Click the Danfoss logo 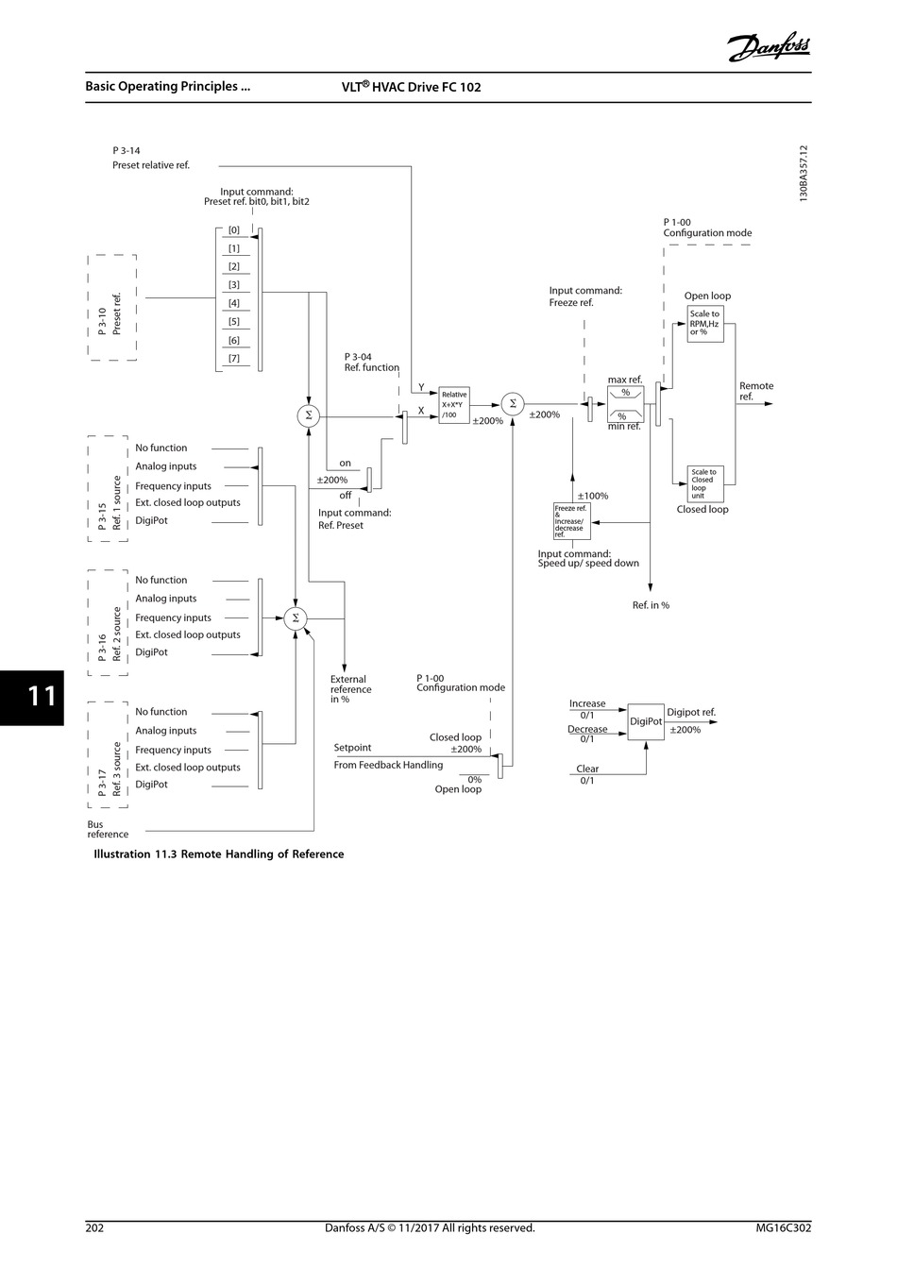tap(768, 46)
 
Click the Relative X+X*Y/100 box tap(454, 405)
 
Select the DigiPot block tap(646, 721)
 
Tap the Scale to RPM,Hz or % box tap(705, 323)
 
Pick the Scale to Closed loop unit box tap(705, 484)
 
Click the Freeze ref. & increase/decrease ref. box tap(571, 521)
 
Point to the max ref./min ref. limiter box tap(625, 404)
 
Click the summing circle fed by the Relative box tap(513, 404)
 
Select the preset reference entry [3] tap(234, 285)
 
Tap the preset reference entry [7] tap(234, 359)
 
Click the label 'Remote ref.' tap(756, 391)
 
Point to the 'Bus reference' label tap(108, 829)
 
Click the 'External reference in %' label tap(351, 689)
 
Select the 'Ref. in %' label tap(651, 605)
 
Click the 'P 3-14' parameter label tap(127, 150)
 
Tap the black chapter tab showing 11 tap(32, 698)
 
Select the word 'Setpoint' tap(352, 748)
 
